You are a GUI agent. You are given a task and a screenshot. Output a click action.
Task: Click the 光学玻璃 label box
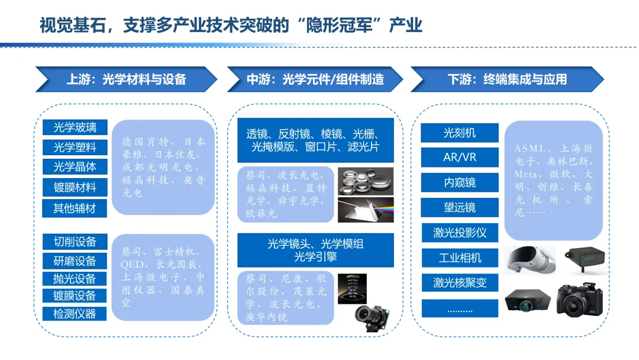coord(75,127)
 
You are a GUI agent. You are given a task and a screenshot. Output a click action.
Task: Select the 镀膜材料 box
coord(75,188)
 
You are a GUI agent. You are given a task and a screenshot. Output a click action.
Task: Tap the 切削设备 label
coord(75,242)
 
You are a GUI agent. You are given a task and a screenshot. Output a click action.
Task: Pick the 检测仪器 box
coord(75,314)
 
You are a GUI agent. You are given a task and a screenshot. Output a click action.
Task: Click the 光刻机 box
coord(460,133)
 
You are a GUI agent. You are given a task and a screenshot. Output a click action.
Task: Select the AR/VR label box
coord(460,158)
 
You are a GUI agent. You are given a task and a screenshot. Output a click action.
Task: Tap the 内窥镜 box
coord(460,183)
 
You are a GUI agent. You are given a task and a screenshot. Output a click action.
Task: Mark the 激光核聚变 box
coord(460,283)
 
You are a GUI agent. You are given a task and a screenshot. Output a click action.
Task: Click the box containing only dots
coord(460,308)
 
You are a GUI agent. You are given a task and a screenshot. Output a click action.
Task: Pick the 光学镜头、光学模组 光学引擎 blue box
coord(315,250)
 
